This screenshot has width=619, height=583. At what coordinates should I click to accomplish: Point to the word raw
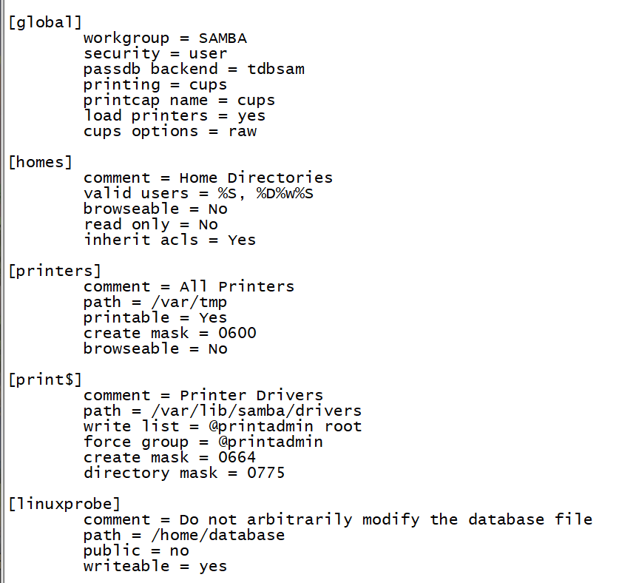(x=243, y=131)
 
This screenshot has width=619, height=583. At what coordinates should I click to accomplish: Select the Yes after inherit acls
(x=242, y=240)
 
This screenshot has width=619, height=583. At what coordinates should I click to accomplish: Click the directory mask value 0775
(x=266, y=473)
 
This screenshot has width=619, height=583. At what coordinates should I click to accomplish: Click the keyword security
(x=121, y=53)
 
